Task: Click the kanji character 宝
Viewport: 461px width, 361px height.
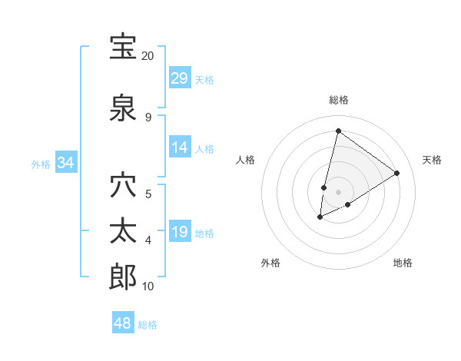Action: pyautogui.click(x=124, y=47)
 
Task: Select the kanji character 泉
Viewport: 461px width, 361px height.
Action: pyautogui.click(x=124, y=108)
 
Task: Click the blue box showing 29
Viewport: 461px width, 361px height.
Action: pyautogui.click(x=180, y=78)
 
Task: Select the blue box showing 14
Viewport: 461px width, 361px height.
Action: pyautogui.click(x=180, y=147)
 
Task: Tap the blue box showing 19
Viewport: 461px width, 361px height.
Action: pyautogui.click(x=180, y=232)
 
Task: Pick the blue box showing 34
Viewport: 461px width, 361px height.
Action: pyautogui.click(x=66, y=163)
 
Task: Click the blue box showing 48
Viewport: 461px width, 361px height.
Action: pyautogui.click(x=123, y=323)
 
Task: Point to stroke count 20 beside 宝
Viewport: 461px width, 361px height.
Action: pyautogui.click(x=148, y=56)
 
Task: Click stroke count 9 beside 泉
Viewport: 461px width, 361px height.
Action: pyautogui.click(x=148, y=118)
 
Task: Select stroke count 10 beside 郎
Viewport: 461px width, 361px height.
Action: pyautogui.click(x=148, y=286)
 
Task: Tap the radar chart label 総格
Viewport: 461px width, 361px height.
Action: pyautogui.click(x=338, y=100)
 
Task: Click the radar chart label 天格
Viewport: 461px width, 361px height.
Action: pyautogui.click(x=432, y=160)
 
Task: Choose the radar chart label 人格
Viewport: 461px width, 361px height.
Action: pyautogui.click(x=245, y=160)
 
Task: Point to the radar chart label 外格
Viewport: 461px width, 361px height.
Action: pyautogui.click(x=270, y=263)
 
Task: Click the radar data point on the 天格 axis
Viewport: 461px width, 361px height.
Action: pyautogui.click(x=396, y=174)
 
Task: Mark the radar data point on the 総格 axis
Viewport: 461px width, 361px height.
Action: pyautogui.click(x=338, y=131)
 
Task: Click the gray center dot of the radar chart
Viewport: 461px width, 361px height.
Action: pyautogui.click(x=338, y=192)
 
